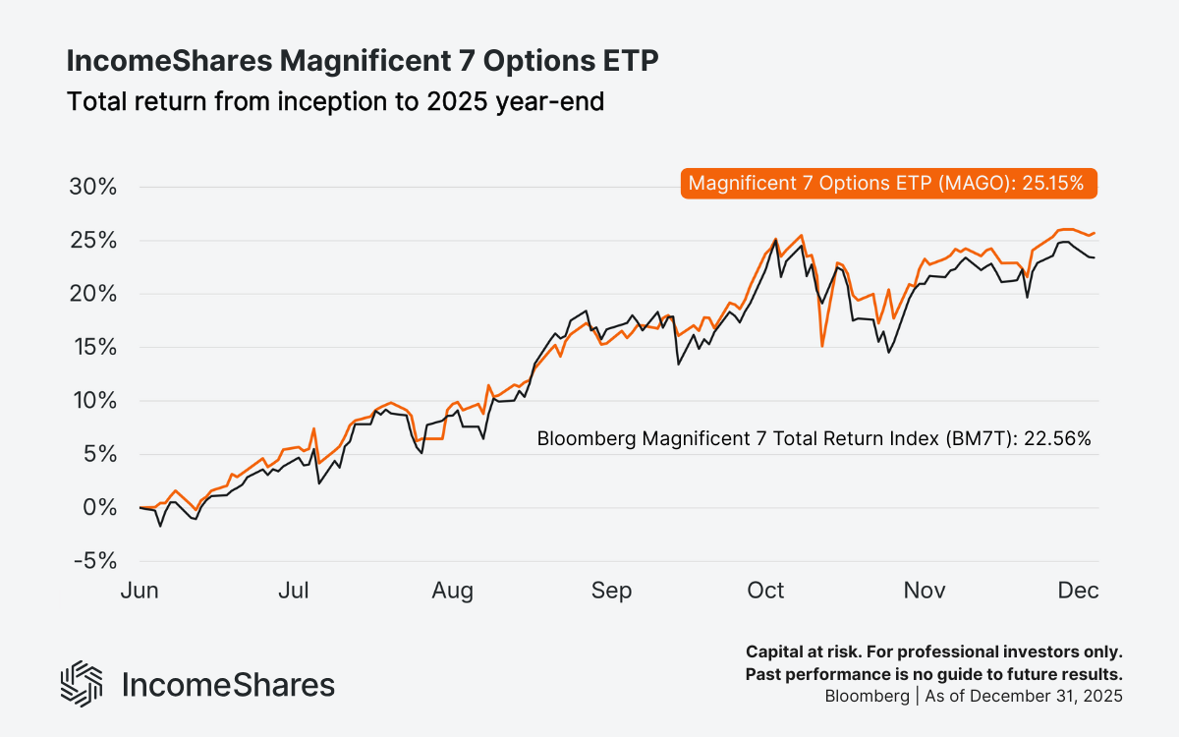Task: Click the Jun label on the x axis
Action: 140,591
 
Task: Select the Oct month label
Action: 765,591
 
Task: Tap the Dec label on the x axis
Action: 1078,591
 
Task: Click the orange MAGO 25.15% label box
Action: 887,183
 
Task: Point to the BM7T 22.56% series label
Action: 814,439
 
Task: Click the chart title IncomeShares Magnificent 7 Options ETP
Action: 363,61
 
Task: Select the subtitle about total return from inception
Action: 334,100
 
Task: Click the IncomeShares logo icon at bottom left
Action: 82,684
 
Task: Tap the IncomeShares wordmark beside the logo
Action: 228,684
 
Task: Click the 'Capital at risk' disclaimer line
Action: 933,652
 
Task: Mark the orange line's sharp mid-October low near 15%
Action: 822,346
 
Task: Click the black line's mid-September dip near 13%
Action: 678,365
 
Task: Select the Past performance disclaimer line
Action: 933,674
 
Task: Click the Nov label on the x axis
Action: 924,591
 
